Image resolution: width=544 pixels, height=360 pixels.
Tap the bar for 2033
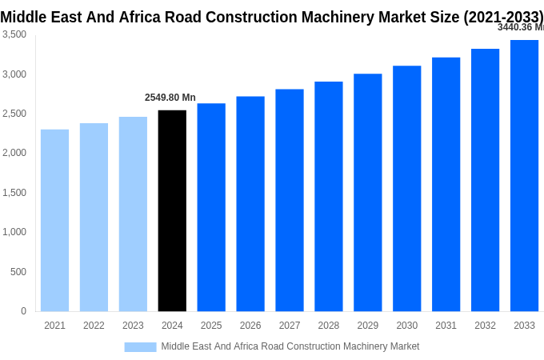(x=524, y=175)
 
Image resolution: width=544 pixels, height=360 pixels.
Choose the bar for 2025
(x=211, y=207)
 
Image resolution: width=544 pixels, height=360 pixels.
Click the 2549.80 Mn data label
(x=170, y=98)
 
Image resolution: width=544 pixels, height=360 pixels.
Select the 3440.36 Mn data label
(x=520, y=27)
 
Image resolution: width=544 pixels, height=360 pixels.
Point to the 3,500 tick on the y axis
(x=14, y=34)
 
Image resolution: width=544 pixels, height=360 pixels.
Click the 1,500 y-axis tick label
(x=14, y=193)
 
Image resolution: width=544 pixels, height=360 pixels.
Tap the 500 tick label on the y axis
(x=18, y=272)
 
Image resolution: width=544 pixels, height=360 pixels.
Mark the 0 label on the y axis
(x=23, y=311)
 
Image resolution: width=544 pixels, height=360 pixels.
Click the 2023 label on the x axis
(x=133, y=326)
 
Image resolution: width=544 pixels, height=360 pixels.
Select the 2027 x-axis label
(x=290, y=326)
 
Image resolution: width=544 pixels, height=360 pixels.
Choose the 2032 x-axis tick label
(x=485, y=326)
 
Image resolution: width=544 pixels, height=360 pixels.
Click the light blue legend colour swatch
(x=140, y=346)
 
